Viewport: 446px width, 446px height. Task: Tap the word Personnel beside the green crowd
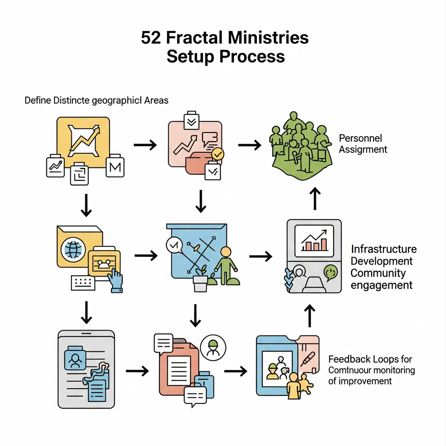point(360,138)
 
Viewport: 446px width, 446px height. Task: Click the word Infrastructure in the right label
point(384,249)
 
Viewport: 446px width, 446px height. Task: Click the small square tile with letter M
point(115,167)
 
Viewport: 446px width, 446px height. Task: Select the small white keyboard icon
point(83,282)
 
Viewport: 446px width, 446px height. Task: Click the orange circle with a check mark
point(218,154)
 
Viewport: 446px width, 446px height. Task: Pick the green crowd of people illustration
point(300,146)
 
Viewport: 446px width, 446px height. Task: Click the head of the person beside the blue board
point(226,252)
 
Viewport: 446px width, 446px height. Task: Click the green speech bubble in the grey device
point(330,272)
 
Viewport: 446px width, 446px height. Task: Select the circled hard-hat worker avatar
point(213,347)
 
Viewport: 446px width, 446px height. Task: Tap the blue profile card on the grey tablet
point(75,358)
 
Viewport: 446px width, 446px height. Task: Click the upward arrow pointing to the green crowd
point(315,198)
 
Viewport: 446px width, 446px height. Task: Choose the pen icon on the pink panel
point(308,359)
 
